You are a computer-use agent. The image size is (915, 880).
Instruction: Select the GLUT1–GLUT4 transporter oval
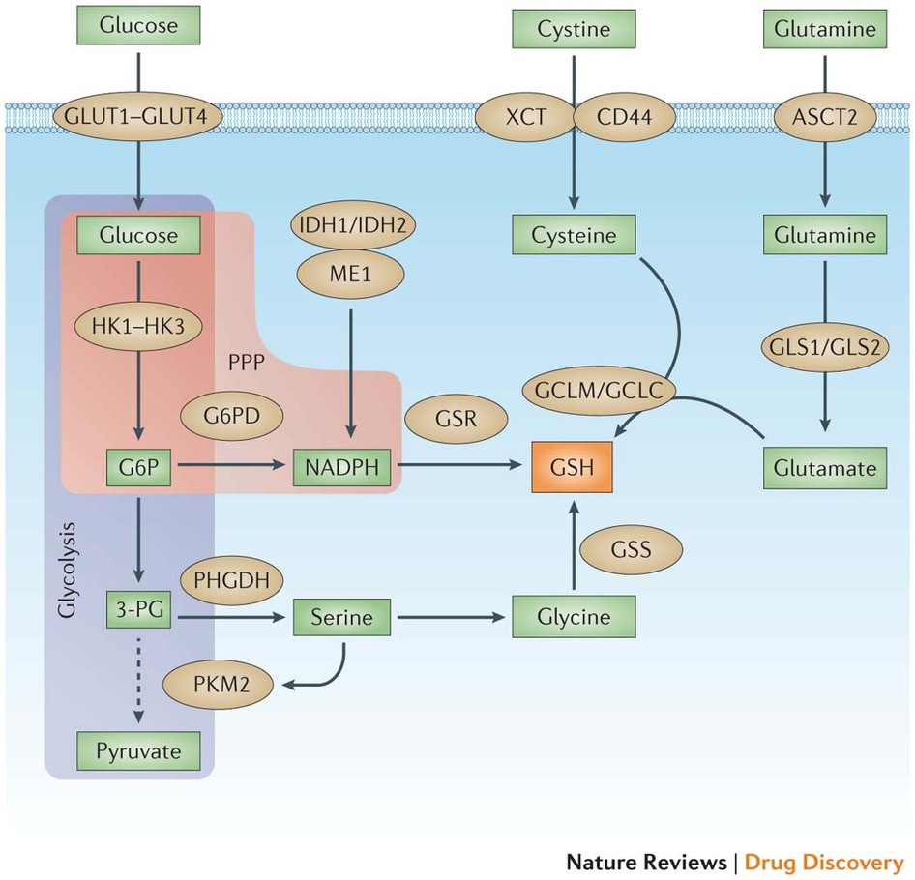141,118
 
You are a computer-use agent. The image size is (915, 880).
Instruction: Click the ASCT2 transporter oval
825,118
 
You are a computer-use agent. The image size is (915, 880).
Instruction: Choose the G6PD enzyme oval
231,417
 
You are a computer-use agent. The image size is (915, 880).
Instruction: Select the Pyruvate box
141,749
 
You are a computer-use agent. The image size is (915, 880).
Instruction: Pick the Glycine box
574,614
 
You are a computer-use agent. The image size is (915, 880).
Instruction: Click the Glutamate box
825,468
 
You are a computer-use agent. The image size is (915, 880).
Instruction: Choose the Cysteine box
574,235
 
